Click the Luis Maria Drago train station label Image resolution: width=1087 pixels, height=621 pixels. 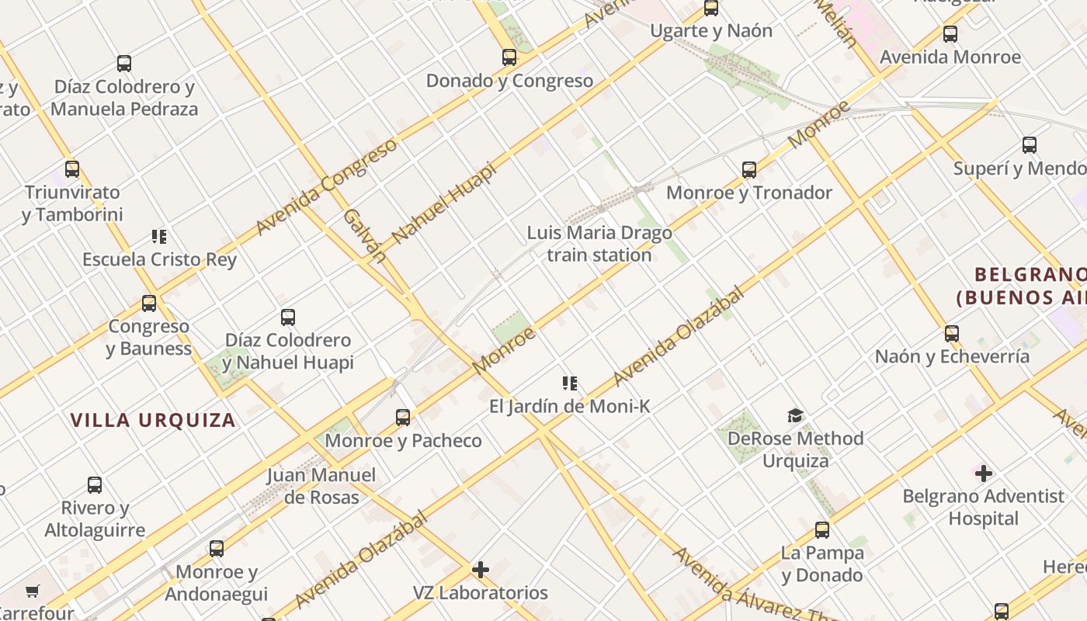[599, 244]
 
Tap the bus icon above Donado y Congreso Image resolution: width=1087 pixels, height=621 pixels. [509, 57]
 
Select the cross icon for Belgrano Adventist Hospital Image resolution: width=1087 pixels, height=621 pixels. [984, 473]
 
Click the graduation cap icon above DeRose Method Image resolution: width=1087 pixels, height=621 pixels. [795, 416]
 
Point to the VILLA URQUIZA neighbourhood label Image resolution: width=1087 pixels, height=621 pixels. [153, 421]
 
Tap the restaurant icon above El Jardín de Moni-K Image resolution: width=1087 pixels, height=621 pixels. [570, 383]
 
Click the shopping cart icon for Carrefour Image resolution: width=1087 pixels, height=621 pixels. [33, 592]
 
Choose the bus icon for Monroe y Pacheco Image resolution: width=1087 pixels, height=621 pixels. [403, 418]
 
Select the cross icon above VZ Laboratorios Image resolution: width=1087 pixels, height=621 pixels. [481, 570]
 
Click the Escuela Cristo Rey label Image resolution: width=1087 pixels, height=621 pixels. [160, 259]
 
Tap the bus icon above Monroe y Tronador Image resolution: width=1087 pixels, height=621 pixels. [749, 170]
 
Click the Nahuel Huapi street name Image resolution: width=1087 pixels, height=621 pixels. [444, 203]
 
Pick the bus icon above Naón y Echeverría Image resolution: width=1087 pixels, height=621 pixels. [952, 334]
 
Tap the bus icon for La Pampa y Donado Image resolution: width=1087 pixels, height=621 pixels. [822, 530]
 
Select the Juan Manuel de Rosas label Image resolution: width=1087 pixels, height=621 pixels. [321, 486]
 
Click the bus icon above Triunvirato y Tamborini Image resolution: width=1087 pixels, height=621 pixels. [72, 169]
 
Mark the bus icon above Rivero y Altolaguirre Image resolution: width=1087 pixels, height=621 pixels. [95, 485]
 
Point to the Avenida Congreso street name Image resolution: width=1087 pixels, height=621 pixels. [326, 186]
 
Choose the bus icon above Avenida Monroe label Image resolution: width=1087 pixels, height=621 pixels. [950, 34]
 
